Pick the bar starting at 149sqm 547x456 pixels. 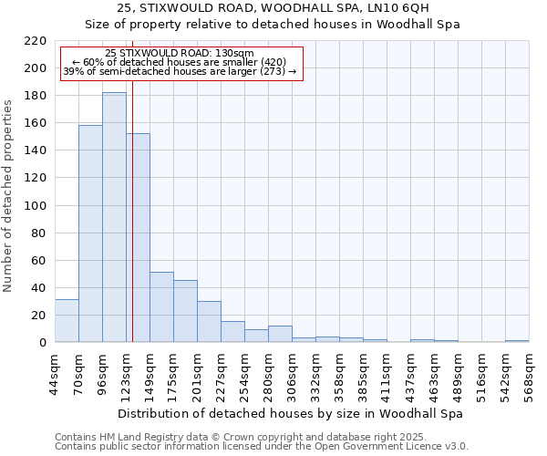pyautogui.click(x=161, y=306)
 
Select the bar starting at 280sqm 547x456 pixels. pyautogui.click(x=280, y=334)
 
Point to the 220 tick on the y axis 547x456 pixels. pyautogui.click(x=36, y=41)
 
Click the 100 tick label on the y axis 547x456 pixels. pyautogui.click(x=36, y=206)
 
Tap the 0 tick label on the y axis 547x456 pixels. pyautogui.click(x=43, y=343)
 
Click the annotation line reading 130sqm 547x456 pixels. pyautogui.click(x=180, y=53)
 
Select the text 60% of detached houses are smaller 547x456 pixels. pyautogui.click(x=179, y=62)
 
